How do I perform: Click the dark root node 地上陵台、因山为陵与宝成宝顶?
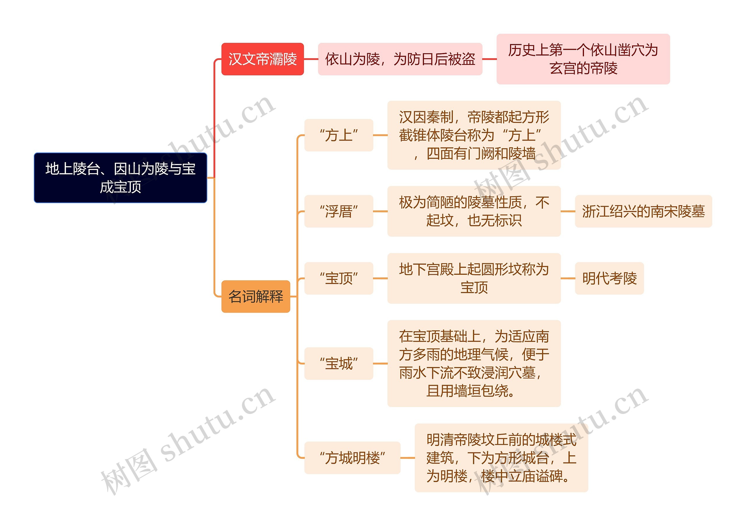(x=120, y=178)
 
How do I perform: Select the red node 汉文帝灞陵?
(x=263, y=59)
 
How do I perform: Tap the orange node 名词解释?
(x=256, y=297)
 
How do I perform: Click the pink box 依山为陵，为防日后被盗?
(x=400, y=59)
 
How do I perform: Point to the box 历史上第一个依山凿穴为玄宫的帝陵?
(x=583, y=59)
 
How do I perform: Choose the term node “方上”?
(x=339, y=135)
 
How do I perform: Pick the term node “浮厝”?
(x=339, y=211)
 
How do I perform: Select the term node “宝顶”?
(x=339, y=278)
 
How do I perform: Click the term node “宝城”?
(x=339, y=364)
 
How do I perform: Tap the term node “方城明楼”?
(x=352, y=458)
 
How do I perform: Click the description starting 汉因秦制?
(x=474, y=135)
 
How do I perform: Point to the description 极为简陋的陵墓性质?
(x=474, y=211)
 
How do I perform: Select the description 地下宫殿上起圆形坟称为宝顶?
(x=474, y=278)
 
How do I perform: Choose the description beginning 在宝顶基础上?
(x=474, y=364)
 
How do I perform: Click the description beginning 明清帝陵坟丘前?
(x=501, y=458)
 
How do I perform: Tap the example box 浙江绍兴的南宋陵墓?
(x=643, y=211)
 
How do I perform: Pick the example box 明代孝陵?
(x=609, y=278)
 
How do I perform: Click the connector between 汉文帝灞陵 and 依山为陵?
(x=311, y=59)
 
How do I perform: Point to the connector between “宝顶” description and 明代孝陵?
(x=568, y=278)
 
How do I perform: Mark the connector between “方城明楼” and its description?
(x=408, y=458)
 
